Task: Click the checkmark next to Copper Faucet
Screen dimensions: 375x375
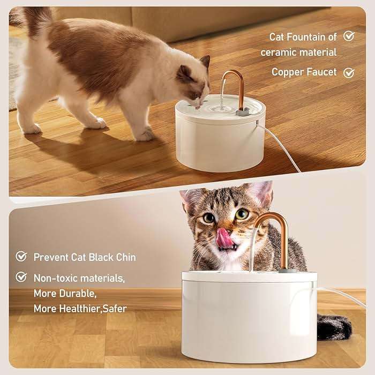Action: pyautogui.click(x=349, y=72)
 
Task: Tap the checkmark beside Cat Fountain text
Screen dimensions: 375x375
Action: pyautogui.click(x=349, y=36)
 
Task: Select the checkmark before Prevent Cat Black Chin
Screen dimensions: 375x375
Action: pyautogui.click(x=21, y=257)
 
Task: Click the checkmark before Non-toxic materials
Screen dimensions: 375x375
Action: pyautogui.click(x=21, y=277)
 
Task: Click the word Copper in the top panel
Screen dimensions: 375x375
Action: pyautogui.click(x=288, y=72)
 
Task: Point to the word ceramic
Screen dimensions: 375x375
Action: pyautogui.click(x=279, y=52)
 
